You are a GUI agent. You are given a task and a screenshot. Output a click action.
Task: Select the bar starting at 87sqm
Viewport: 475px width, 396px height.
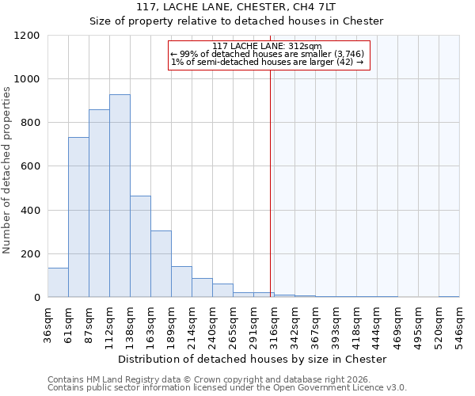tap(99, 204)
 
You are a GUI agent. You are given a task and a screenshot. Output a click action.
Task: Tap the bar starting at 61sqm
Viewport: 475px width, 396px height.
tap(78, 217)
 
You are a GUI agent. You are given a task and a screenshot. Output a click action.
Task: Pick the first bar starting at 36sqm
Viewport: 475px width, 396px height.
tap(58, 283)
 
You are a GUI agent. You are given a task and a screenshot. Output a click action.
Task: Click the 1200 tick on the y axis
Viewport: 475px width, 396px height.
tap(28, 36)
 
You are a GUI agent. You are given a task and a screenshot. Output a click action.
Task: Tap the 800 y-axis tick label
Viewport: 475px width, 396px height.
tap(31, 123)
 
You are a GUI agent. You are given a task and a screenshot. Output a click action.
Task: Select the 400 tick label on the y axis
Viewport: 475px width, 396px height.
tap(31, 211)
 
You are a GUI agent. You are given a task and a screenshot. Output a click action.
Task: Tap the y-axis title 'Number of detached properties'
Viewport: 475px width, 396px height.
tap(8, 170)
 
